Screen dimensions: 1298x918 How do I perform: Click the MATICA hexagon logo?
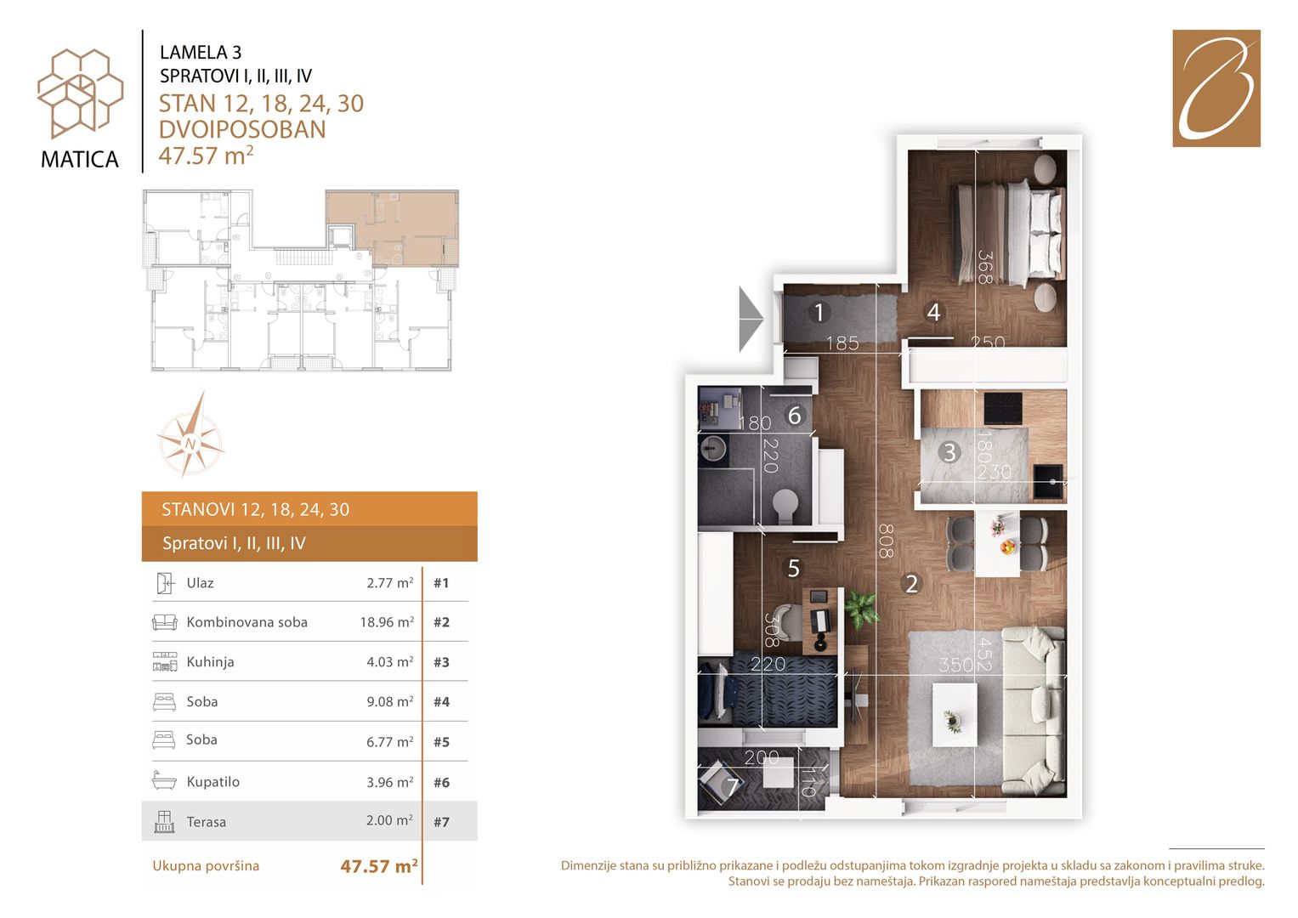point(80,93)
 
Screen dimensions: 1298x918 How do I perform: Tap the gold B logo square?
point(1216,88)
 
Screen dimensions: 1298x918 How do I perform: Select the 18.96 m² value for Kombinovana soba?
point(387,622)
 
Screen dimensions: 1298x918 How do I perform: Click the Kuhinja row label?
point(210,662)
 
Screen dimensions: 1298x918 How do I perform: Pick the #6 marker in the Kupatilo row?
point(441,782)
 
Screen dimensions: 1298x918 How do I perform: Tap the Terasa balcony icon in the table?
point(165,821)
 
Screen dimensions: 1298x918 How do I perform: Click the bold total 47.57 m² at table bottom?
point(379,866)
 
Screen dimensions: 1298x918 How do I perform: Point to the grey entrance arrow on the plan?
point(751,319)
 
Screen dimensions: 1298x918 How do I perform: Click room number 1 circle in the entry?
point(819,313)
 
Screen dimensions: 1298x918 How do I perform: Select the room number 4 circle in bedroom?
point(933,312)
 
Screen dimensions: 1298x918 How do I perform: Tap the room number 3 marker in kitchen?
point(949,452)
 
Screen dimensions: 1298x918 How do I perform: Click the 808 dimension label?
point(886,541)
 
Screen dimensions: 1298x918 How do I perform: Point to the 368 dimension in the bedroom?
point(985,267)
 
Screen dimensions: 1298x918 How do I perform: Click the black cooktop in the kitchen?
point(1003,409)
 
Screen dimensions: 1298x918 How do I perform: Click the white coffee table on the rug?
point(955,715)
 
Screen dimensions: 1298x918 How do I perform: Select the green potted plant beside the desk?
point(862,609)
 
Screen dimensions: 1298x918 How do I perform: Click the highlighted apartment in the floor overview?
point(393,228)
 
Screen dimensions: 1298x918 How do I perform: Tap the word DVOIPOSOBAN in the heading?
point(242,130)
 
